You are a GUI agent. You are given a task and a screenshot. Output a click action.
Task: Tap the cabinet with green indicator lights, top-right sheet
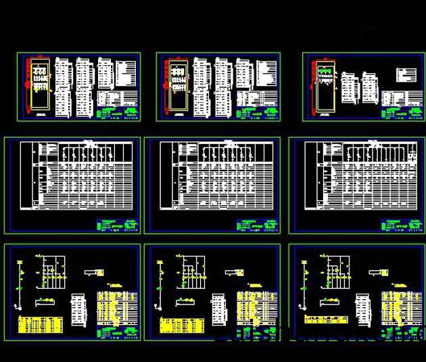click(x=323, y=85)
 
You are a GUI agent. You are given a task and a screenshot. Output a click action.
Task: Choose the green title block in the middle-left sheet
click(x=117, y=225)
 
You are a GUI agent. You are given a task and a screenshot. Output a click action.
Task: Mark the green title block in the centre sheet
click(x=257, y=225)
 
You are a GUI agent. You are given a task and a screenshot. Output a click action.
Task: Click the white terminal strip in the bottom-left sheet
click(x=79, y=311)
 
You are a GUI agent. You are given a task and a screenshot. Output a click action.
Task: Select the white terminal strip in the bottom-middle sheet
click(x=219, y=311)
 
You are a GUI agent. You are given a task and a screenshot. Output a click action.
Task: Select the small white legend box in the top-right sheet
click(x=406, y=74)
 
